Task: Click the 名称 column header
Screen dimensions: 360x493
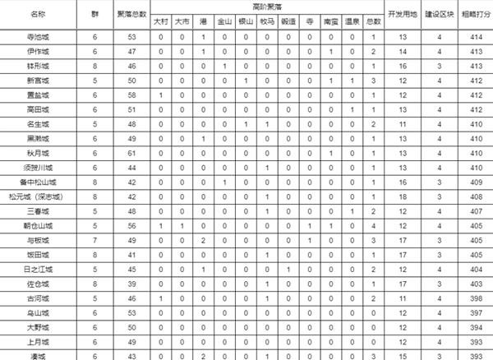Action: [39, 15]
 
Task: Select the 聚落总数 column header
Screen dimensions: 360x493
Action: [132, 15]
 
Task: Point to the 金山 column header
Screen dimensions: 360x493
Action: [224, 22]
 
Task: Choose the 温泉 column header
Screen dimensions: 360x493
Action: [352, 22]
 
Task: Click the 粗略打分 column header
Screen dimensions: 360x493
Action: [472, 15]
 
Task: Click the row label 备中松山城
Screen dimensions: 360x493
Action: [39, 182]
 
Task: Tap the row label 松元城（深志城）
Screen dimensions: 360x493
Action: [39, 196]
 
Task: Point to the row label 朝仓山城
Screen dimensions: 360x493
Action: [39, 225]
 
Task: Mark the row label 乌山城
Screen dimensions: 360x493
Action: [39, 312]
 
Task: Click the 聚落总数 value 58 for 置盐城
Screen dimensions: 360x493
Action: [132, 95]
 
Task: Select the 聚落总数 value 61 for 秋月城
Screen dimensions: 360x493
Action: [132, 153]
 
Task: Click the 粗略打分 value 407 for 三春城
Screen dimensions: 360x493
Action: [472, 211]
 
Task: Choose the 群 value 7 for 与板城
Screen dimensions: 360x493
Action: [95, 240]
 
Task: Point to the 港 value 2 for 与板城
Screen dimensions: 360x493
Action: [202, 240]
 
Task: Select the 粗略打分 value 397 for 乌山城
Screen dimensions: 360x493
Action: [472, 312]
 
